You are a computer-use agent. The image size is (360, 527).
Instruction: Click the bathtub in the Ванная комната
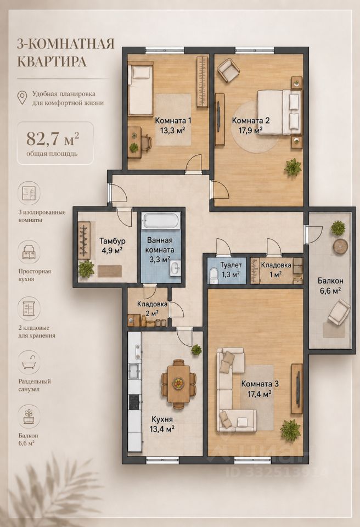click(161, 221)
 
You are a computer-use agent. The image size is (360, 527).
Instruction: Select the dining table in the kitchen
click(178, 384)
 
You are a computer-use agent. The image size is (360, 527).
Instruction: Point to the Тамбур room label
click(113, 240)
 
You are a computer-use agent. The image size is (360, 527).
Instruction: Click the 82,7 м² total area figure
click(53, 138)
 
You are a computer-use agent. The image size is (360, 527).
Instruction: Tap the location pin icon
click(22, 98)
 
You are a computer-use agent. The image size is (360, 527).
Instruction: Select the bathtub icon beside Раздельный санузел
click(29, 362)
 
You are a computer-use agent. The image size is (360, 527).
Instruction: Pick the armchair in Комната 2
click(229, 71)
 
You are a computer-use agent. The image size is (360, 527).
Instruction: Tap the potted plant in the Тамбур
click(86, 269)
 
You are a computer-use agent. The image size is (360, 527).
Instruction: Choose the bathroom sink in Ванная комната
click(175, 268)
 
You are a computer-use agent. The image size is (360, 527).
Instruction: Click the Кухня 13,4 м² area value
click(162, 429)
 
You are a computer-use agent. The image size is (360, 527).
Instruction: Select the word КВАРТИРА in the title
click(52, 62)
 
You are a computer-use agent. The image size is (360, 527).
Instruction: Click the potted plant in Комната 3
click(290, 429)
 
